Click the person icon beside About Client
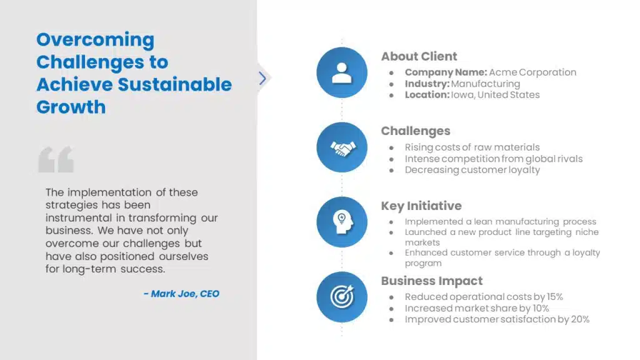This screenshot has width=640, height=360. click(342, 72)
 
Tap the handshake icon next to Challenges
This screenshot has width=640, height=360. click(342, 147)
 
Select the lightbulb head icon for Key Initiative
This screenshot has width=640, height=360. click(342, 222)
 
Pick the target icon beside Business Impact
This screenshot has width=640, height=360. click(342, 297)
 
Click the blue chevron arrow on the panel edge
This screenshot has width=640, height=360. click(262, 78)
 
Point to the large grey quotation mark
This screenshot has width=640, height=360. click(56, 159)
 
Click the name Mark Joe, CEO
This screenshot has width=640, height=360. click(181, 294)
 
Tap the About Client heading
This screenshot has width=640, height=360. click(419, 56)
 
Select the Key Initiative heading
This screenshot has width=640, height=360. click(421, 206)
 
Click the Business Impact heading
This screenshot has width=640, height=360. click(432, 281)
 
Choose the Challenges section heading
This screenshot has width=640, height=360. click(416, 131)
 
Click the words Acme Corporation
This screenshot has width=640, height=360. click(532, 72)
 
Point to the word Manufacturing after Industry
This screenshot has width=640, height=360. click(485, 84)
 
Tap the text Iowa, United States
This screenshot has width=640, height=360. click(495, 95)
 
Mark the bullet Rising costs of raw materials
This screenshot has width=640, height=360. click(472, 147)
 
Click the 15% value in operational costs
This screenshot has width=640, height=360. click(553, 297)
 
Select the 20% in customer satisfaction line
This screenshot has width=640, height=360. click(579, 319)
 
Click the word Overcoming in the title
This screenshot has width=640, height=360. click(95, 40)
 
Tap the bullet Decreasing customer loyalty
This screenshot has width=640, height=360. click(472, 170)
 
